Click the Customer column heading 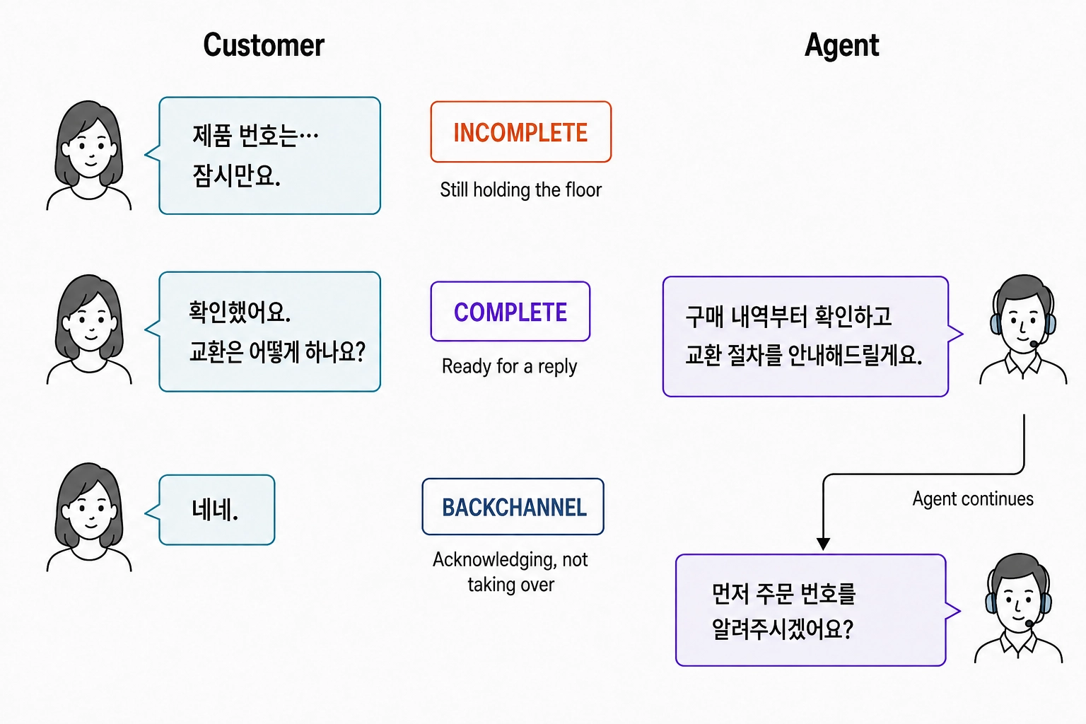(x=264, y=45)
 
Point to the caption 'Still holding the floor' (x=520, y=189)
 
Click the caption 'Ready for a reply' (x=510, y=367)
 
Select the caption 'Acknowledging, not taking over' (x=510, y=572)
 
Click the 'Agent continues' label (x=973, y=498)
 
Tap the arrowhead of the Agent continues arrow (x=823, y=544)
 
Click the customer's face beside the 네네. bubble (x=90, y=514)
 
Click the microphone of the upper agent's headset (x=1033, y=344)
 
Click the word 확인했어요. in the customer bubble (x=240, y=312)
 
